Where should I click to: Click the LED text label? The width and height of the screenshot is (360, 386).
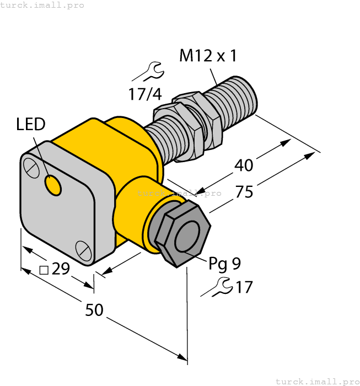(x=30, y=125)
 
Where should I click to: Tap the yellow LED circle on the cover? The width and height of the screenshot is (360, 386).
(x=53, y=186)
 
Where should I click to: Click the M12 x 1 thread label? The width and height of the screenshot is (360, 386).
(x=208, y=56)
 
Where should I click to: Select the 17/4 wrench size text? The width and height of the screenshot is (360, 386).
(x=145, y=94)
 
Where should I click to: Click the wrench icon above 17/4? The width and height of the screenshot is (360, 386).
(x=149, y=71)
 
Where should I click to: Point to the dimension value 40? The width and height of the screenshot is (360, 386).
(x=244, y=165)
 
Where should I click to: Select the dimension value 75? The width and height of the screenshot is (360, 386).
(x=244, y=192)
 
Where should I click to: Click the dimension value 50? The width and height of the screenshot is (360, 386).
(x=94, y=310)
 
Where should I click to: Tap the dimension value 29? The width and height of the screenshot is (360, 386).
(x=61, y=269)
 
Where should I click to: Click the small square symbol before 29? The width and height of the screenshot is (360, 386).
(x=45, y=270)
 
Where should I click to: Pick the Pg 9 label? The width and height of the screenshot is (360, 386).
(x=224, y=264)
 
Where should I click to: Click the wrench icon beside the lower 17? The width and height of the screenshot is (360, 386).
(x=218, y=287)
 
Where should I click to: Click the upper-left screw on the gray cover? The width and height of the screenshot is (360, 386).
(x=32, y=167)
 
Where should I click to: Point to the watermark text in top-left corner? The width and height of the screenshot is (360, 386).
(x=42, y=5)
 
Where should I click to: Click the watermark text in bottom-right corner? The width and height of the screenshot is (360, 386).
(x=316, y=381)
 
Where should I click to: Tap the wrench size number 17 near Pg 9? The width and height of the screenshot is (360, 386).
(x=244, y=287)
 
